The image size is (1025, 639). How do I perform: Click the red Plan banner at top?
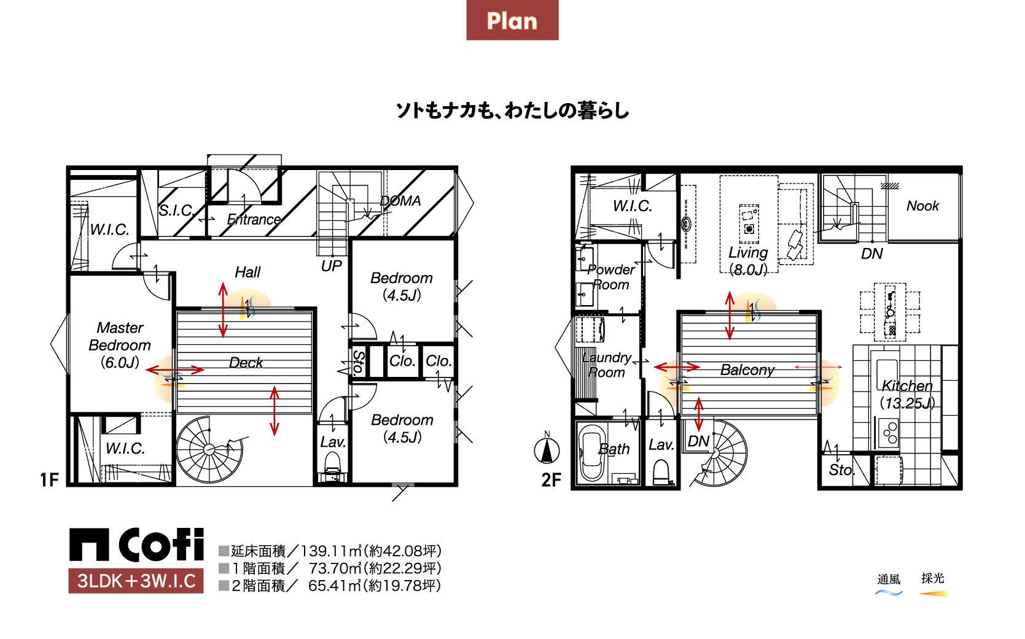[x=512, y=20]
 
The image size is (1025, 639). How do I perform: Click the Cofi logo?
[x=136, y=544]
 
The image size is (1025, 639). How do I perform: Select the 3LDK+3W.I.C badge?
[x=136, y=581]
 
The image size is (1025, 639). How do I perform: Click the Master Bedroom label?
[x=120, y=345]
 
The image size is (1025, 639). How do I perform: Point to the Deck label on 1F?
[x=246, y=363]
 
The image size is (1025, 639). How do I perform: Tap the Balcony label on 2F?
[x=747, y=370]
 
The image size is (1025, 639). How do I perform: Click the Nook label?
[x=922, y=206]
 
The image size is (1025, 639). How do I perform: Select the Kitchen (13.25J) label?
[x=907, y=394]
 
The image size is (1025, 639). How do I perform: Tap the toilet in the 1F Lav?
[x=332, y=463]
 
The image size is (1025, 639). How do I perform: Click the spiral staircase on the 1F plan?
[x=209, y=449]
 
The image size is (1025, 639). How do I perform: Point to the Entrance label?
[x=254, y=220]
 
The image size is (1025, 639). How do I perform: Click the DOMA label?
[x=400, y=201]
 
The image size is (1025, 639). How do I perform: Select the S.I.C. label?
[x=177, y=211]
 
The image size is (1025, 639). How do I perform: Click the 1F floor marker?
[x=49, y=480]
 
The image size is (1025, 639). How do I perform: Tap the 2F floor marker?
[x=551, y=480]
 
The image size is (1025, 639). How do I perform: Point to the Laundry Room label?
[x=607, y=365]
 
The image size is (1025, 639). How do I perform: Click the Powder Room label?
[x=611, y=277]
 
